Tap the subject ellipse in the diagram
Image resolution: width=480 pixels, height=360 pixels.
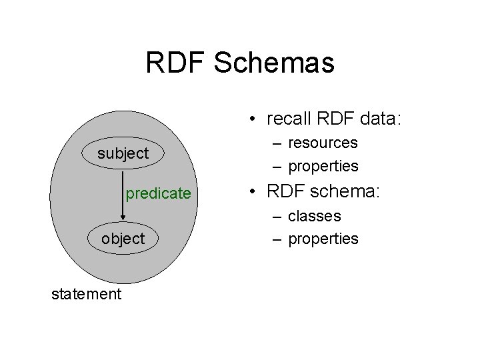(123, 154)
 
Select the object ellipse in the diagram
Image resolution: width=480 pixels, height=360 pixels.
(123, 239)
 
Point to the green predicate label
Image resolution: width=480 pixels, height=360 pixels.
(158, 194)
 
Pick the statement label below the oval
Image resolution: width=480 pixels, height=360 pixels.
(87, 294)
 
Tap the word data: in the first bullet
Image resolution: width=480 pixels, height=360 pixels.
(377, 119)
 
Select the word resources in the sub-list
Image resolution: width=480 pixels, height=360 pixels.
(323, 143)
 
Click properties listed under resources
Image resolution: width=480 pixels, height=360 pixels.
(323, 165)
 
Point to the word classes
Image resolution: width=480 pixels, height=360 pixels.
(315, 216)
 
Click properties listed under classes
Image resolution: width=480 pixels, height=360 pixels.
(323, 239)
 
